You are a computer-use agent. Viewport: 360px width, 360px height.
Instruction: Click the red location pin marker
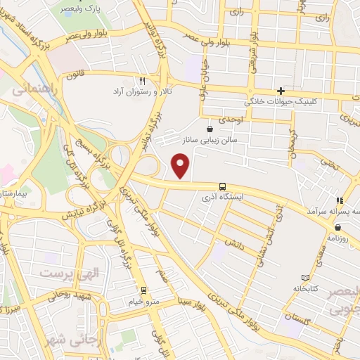(181, 166)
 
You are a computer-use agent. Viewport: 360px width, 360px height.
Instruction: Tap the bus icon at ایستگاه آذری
(223, 186)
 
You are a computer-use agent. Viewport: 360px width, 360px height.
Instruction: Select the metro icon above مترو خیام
(143, 290)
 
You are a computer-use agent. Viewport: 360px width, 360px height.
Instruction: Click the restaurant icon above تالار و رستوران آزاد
(143, 80)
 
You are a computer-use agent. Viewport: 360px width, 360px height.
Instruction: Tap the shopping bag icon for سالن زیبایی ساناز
(210, 129)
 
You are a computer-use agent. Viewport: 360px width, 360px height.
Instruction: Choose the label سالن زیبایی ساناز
(209, 141)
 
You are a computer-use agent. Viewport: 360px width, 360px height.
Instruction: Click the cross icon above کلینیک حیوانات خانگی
(281, 90)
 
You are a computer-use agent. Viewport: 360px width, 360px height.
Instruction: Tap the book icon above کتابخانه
(304, 278)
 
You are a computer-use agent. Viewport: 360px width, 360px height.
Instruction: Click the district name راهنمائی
(30, 89)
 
